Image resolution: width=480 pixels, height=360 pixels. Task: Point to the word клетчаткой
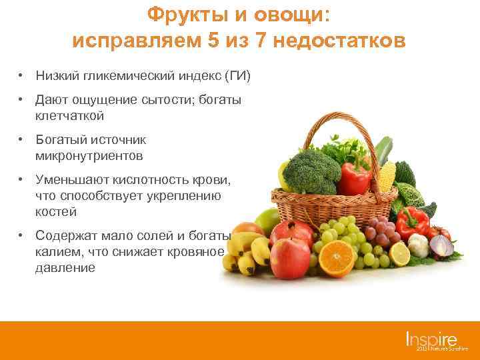70,116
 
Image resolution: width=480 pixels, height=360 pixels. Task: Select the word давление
65,268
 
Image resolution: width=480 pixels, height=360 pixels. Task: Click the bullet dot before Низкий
22,75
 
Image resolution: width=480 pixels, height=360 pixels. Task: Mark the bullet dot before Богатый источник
22,140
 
